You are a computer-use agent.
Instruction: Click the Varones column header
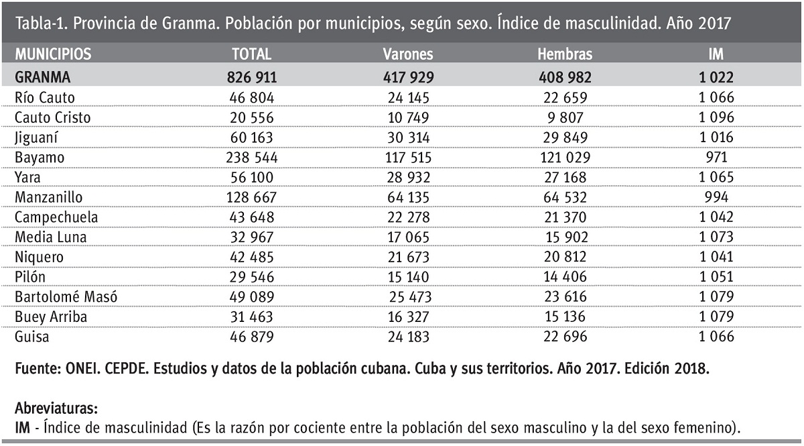(x=408, y=54)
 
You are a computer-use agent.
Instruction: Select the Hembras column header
(x=565, y=54)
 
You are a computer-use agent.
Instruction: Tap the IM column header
(x=716, y=54)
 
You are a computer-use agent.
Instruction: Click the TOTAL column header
(x=252, y=54)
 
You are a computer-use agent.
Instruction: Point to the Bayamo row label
(x=40, y=158)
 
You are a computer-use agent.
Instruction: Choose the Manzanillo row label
(x=48, y=197)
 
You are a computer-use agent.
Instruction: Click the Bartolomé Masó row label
(x=66, y=297)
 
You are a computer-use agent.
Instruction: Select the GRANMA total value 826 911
(x=252, y=78)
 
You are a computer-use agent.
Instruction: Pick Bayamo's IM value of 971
(x=716, y=158)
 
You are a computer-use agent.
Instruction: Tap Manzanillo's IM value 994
(x=716, y=197)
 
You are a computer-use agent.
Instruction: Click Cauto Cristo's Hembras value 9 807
(x=565, y=118)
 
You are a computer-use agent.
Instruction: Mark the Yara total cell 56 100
(x=252, y=178)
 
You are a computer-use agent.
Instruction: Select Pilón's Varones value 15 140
(x=409, y=277)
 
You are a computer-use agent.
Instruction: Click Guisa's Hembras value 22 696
(x=565, y=337)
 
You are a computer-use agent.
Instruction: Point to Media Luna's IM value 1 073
(x=716, y=237)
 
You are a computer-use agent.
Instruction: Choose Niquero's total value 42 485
(x=252, y=257)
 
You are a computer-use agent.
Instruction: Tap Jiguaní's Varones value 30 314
(x=409, y=137)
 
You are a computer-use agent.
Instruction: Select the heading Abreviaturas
(x=56, y=408)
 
